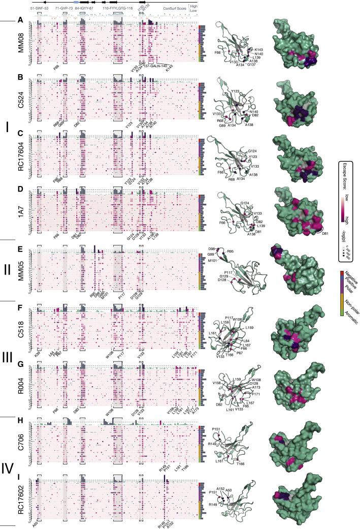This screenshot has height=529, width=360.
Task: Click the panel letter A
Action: [20, 20]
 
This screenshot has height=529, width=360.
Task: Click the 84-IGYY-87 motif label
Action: [85, 9]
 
